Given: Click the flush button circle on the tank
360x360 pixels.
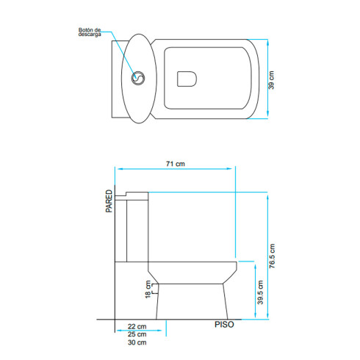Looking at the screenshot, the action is click(138, 79).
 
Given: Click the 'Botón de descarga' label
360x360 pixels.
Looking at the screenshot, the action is click(90, 32).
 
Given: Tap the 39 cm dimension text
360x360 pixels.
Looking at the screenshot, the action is click(271, 80).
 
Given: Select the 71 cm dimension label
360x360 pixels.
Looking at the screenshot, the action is click(176, 164).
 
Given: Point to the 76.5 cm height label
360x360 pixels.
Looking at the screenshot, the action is click(272, 256).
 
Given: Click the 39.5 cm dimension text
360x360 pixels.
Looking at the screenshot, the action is click(260, 292).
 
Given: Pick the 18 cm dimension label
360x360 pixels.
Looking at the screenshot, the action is click(148, 289).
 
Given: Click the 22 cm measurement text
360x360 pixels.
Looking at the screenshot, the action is click(137, 326).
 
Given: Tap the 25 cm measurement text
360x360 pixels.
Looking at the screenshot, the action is click(137, 334).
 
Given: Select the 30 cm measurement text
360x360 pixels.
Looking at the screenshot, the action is click(137, 342).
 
